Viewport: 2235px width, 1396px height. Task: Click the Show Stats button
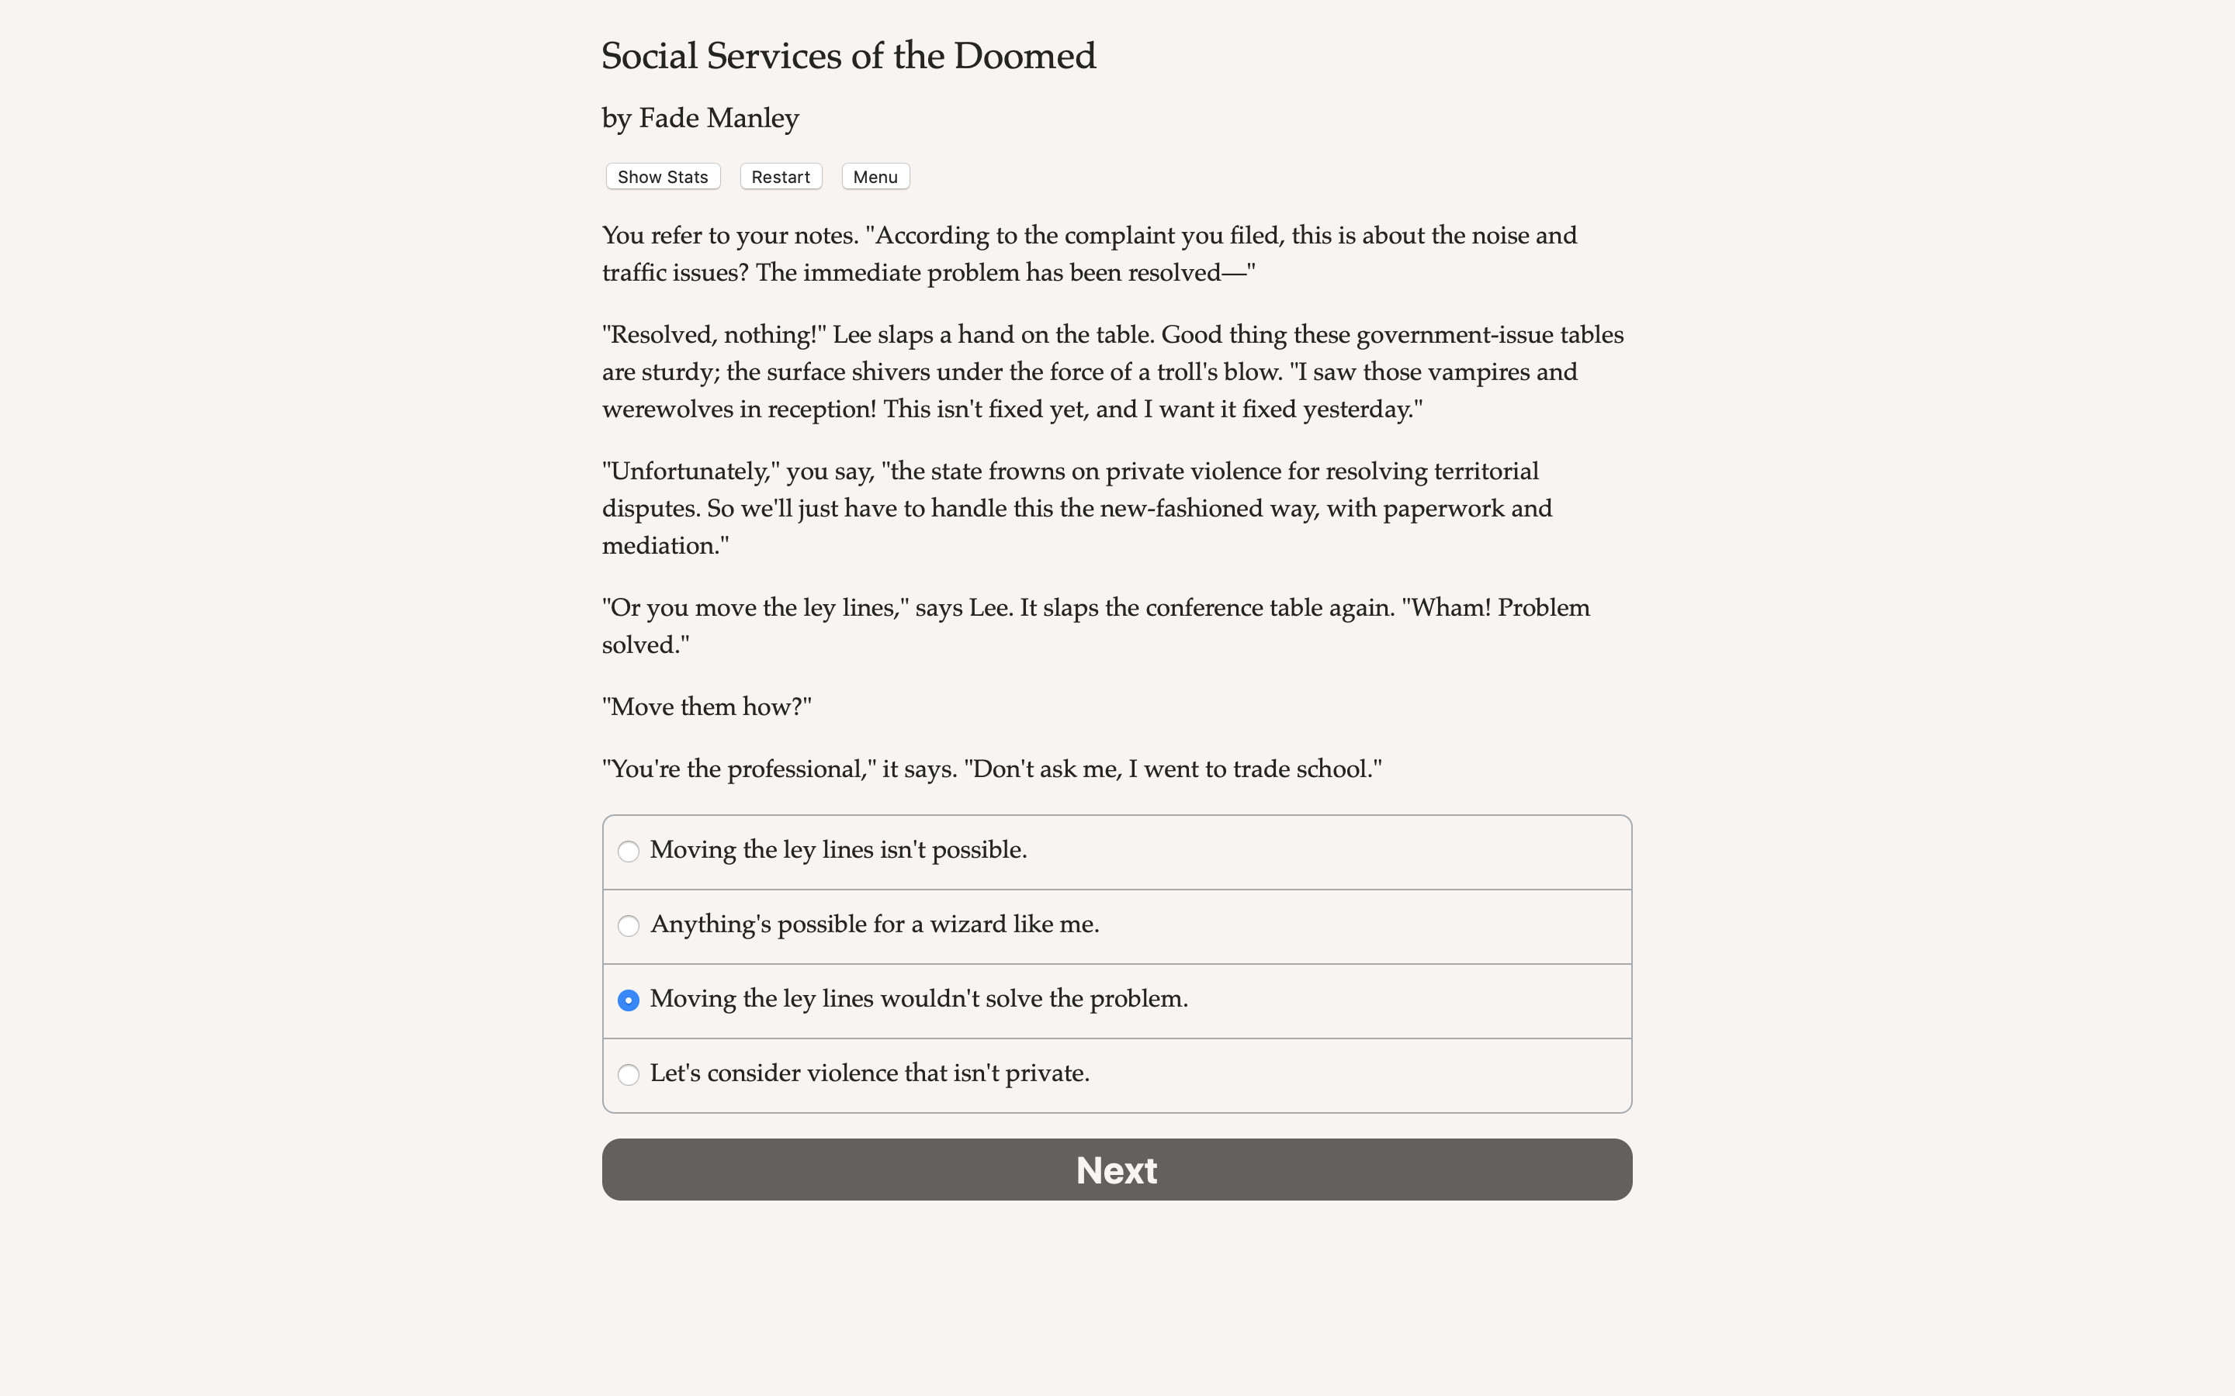pos(662,176)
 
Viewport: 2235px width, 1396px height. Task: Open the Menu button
pos(875,176)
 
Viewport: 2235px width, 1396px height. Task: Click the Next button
pos(1117,1169)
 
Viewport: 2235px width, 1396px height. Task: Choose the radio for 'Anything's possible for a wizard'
pos(628,926)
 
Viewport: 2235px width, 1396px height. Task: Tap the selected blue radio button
pos(628,1000)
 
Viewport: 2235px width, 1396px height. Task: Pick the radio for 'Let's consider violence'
pos(628,1075)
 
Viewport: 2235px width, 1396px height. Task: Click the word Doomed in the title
pos(1024,57)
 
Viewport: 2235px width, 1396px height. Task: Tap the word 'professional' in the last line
pos(795,769)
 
